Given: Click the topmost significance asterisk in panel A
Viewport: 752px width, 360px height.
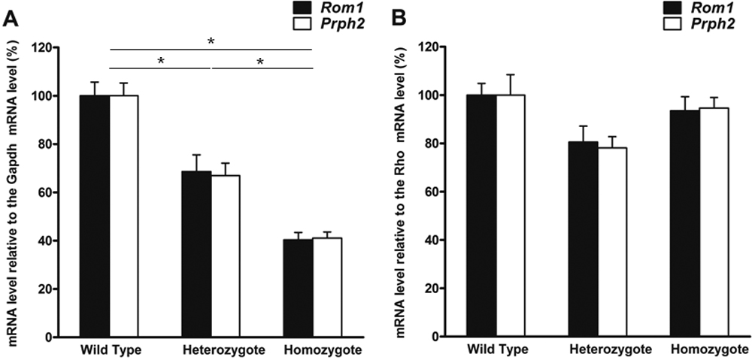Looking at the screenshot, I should [x=211, y=42].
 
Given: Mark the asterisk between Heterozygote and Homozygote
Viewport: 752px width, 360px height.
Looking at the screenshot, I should [x=260, y=62].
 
